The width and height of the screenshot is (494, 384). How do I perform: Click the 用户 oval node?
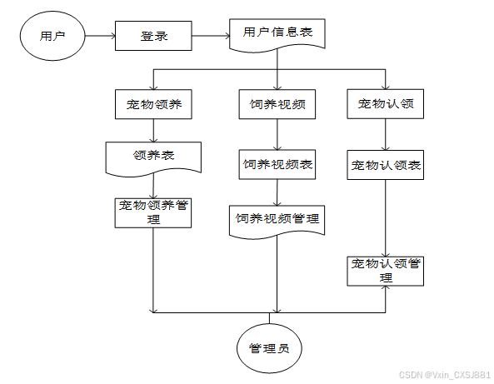[52, 36]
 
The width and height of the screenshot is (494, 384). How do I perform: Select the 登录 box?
[153, 36]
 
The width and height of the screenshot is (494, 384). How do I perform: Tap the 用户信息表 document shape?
[277, 35]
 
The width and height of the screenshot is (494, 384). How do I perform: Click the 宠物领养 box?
[153, 104]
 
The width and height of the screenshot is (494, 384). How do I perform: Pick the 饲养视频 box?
[277, 104]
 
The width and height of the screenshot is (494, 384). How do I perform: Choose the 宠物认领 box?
[386, 104]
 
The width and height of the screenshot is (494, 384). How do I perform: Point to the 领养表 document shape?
[153, 158]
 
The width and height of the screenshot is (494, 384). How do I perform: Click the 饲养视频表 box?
[277, 164]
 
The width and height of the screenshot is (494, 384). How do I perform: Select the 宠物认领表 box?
[386, 165]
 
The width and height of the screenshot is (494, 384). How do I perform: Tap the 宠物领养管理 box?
[153, 213]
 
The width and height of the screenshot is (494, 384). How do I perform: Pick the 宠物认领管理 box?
[386, 272]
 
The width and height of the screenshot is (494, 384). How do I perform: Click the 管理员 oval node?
[269, 348]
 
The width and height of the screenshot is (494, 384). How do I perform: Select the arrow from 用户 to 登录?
[100, 36]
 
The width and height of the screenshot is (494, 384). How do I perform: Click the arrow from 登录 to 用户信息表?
[211, 36]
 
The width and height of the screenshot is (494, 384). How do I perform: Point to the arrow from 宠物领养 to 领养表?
[153, 131]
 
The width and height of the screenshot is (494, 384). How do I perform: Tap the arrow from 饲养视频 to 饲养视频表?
[277, 134]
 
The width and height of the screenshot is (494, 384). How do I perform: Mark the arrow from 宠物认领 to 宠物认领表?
[386, 134]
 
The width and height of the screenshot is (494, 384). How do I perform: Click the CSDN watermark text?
[445, 375]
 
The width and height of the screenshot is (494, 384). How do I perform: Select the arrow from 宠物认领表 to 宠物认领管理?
[386, 218]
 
